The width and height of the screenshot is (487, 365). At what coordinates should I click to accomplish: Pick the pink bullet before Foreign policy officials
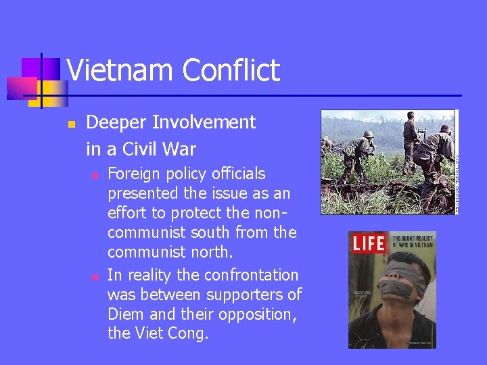click(x=96, y=175)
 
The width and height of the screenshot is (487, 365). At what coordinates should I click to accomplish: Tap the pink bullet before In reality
click(x=96, y=276)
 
